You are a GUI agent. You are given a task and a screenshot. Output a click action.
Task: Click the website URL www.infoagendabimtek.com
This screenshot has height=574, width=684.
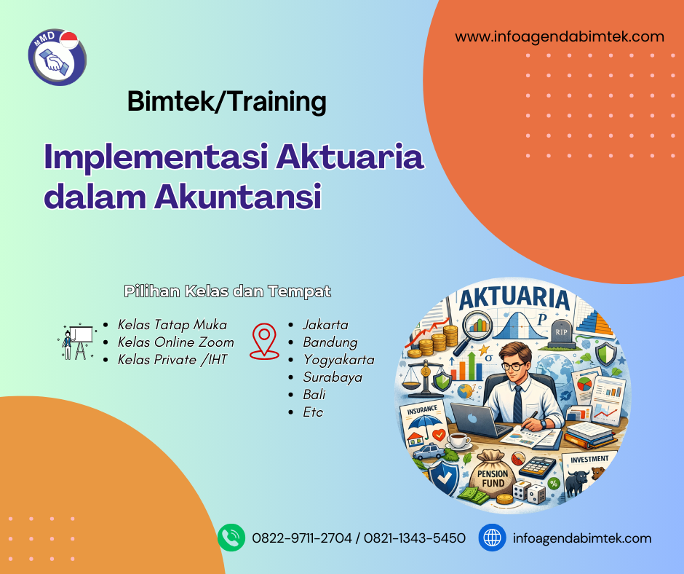coord(560,36)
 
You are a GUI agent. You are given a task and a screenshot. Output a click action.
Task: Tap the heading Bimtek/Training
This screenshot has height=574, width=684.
coord(226,101)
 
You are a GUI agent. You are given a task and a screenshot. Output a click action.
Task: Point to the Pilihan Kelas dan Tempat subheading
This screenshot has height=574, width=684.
coord(227,291)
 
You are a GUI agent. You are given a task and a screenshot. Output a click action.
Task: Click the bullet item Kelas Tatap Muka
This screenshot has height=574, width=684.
coord(172,325)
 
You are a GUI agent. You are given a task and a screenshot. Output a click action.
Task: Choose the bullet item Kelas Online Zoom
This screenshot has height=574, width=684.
coord(176,342)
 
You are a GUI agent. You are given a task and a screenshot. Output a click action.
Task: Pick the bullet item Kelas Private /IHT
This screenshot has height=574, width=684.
coord(172,359)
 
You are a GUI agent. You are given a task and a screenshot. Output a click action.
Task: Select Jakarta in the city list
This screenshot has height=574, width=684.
coord(325,325)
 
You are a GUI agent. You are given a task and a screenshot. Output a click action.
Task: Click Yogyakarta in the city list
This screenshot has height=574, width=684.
coord(338,360)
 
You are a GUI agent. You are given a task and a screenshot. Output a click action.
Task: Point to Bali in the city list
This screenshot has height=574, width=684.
coord(314,395)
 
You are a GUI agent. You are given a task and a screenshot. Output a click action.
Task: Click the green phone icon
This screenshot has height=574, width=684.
coord(231,538)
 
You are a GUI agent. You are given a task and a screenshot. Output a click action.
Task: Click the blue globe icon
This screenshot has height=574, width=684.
coord(492,538)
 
